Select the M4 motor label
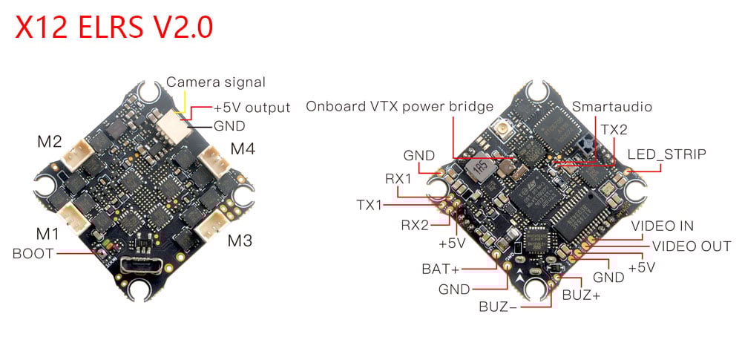pos(243,148)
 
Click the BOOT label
pos(33,253)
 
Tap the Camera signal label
pos(215,82)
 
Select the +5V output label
pos(252,108)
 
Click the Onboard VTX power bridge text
pos(400,107)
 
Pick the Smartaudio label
pos(612,107)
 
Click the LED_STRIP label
pos(667,154)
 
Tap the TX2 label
pos(614,129)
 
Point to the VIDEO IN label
pos(663,226)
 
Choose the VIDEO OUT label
pos(691,246)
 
